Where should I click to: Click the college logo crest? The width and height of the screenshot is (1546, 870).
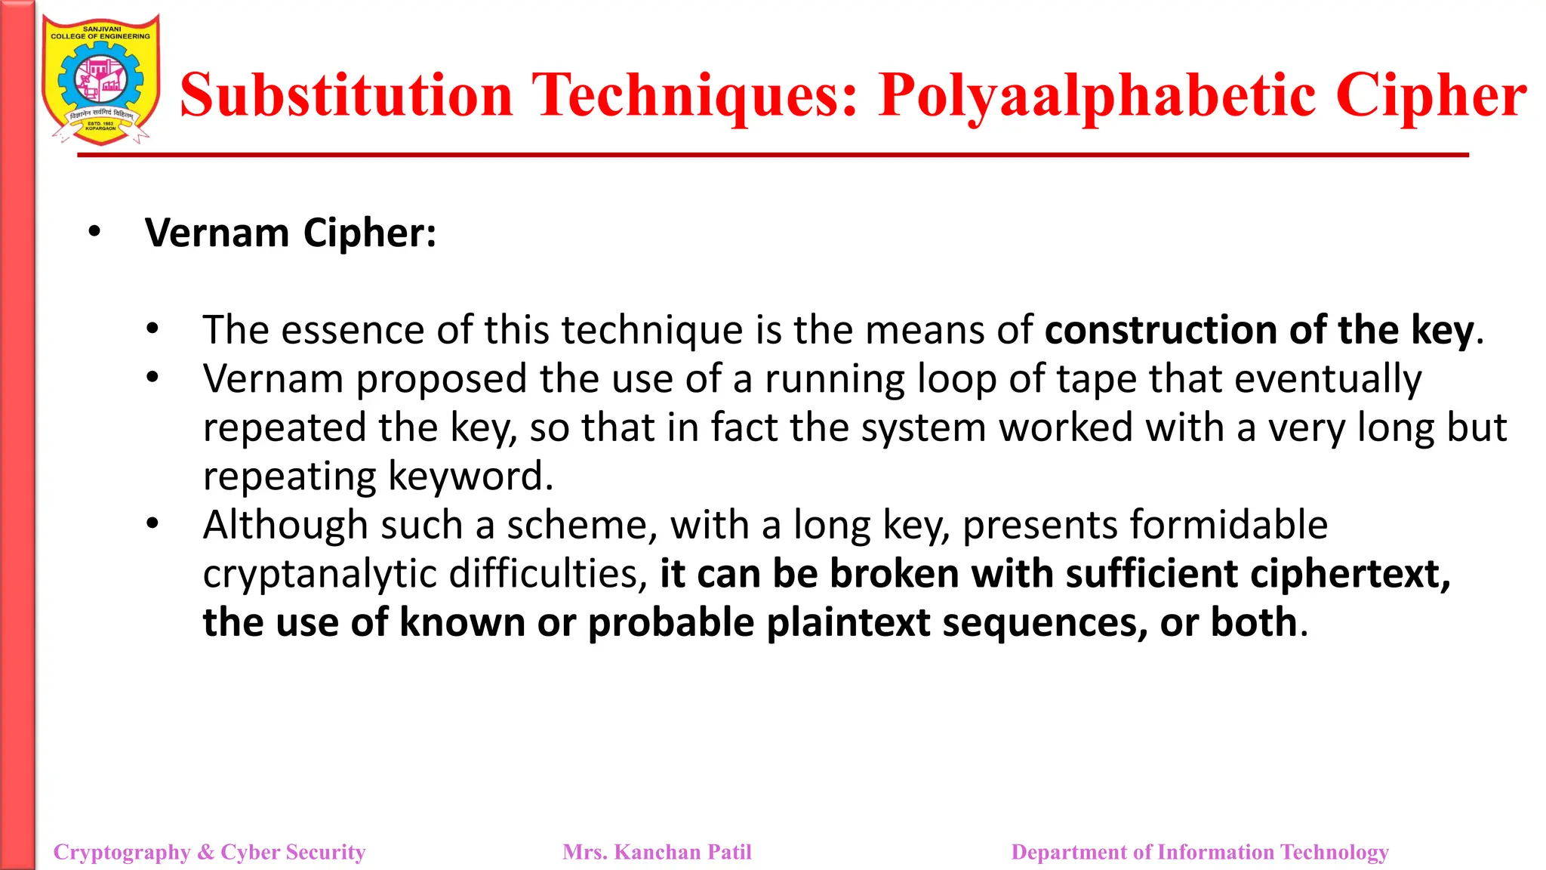(101, 80)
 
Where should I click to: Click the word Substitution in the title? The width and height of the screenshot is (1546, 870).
(346, 95)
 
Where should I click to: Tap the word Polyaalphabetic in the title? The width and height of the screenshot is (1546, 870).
(1098, 97)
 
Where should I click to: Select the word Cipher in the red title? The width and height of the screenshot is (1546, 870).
(1431, 97)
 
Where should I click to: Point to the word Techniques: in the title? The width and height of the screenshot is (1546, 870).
(694, 97)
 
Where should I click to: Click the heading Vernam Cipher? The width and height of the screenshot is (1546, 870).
(291, 233)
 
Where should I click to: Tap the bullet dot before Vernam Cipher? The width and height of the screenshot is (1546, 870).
(94, 231)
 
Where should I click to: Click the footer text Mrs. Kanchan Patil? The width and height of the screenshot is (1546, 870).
(657, 852)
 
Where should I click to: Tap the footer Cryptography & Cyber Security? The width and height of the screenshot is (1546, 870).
(209, 852)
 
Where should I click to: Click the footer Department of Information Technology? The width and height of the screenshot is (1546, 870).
(1200, 852)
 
